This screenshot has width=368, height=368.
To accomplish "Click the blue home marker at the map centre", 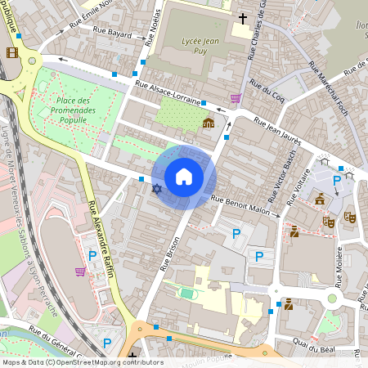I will (184, 176).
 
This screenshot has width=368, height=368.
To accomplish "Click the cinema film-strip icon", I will (11, 52).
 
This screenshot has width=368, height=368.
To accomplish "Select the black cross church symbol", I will (242, 17).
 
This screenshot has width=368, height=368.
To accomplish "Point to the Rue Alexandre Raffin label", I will (96, 238).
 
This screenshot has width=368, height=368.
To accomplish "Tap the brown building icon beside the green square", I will (208, 123).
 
